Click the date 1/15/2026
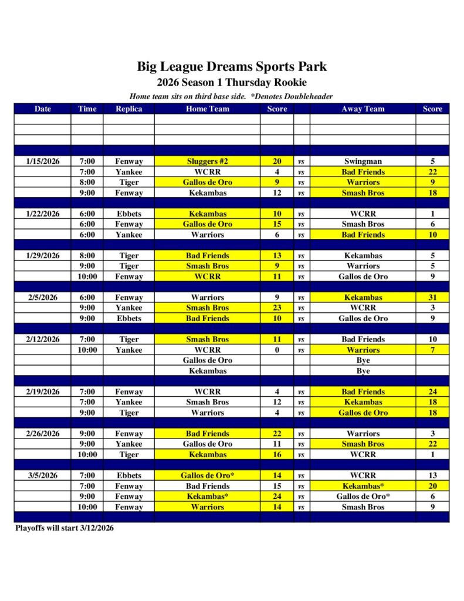click(43, 161)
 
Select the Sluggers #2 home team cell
click(207, 161)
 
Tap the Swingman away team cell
click(363, 161)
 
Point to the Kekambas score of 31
click(432, 298)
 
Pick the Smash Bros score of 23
click(277, 308)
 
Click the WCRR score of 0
click(277, 350)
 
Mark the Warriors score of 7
click(432, 350)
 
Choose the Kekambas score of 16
click(277, 455)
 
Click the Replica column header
click(128, 109)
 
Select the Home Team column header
click(207, 109)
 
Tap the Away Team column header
click(363, 109)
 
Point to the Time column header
click(87, 109)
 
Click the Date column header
click(43, 109)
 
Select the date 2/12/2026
click(43, 339)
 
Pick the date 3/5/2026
click(43, 475)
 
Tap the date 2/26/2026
click(43, 434)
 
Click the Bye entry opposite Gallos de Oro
click(363, 360)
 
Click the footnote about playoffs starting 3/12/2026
click(65, 528)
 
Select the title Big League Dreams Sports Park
click(232, 66)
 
